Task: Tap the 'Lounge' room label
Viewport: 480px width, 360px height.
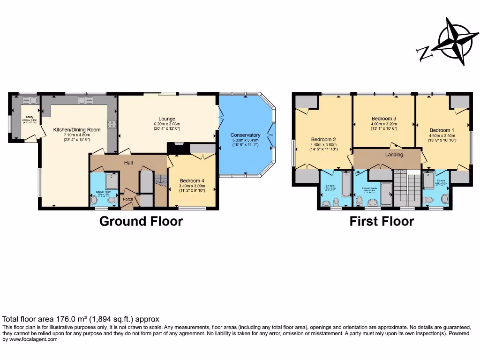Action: click(166, 119)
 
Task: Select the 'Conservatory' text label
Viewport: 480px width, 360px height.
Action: click(245, 135)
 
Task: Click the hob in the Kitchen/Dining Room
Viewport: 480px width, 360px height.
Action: click(112, 124)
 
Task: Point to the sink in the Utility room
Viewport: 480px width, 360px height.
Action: click(26, 100)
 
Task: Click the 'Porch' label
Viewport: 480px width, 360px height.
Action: click(127, 199)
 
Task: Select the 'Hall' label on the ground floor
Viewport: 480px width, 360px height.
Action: click(128, 162)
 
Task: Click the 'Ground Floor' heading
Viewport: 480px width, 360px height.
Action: click(141, 221)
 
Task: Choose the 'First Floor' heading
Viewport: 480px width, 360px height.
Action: click(382, 221)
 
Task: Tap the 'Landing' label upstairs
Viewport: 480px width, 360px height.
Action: click(394, 154)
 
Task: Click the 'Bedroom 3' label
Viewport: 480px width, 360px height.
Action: click(384, 119)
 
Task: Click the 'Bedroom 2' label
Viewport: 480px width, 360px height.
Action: click(323, 139)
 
